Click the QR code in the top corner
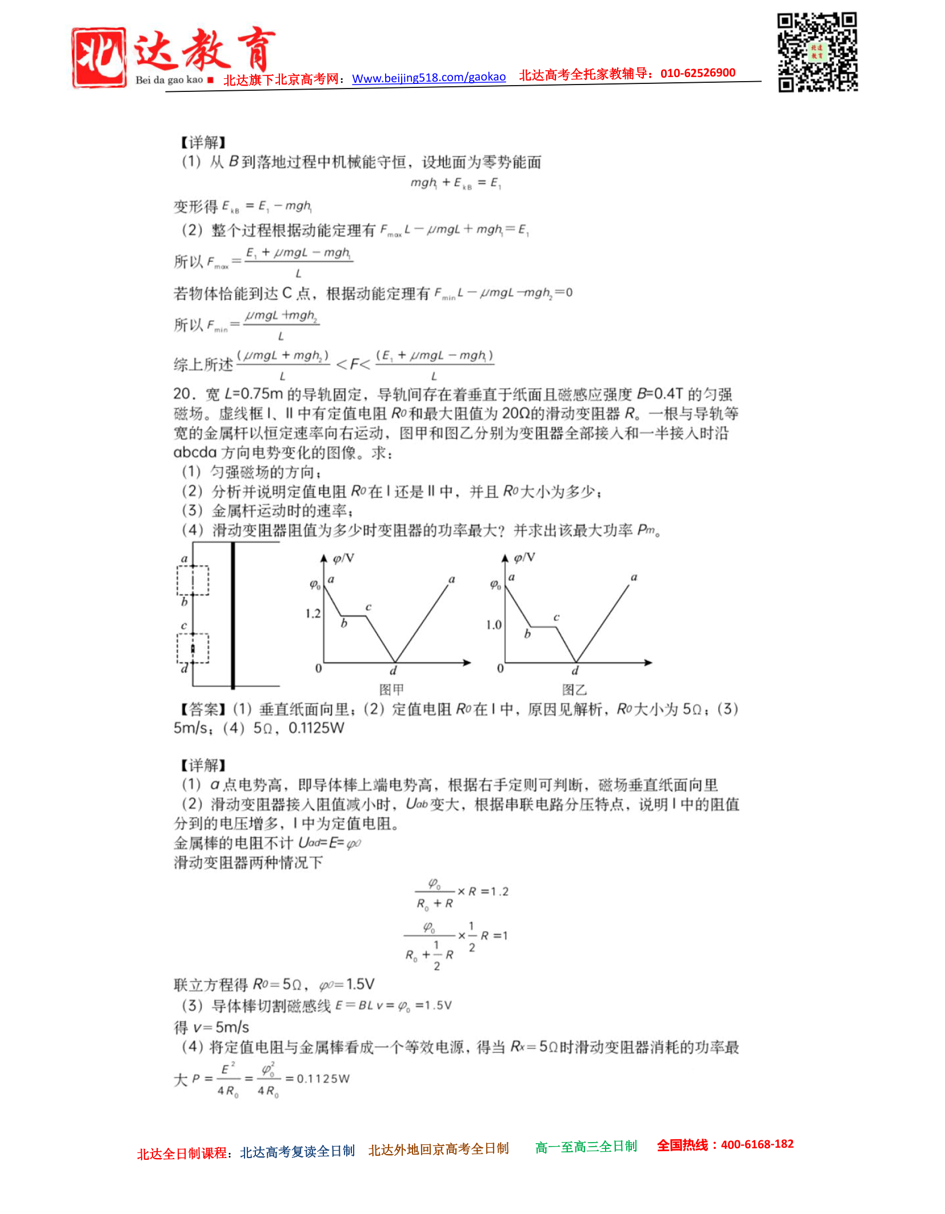pyautogui.click(x=817, y=52)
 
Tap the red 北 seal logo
pyautogui.click(x=99, y=58)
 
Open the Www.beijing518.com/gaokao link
pyautogui.click(x=429, y=77)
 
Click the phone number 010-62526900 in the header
pyautogui.click(x=698, y=73)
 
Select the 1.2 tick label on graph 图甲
pyautogui.click(x=313, y=614)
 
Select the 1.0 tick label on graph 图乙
pyautogui.click(x=494, y=625)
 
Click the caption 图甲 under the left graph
pyautogui.click(x=391, y=689)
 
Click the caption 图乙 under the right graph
pyautogui.click(x=574, y=689)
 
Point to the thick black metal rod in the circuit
pyautogui.click(x=233, y=616)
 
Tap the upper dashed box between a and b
pyautogui.click(x=193, y=580)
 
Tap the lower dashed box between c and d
pyautogui.click(x=193, y=649)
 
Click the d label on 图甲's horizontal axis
pyautogui.click(x=393, y=670)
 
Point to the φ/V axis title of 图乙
pyautogui.click(x=524, y=557)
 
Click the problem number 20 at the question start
pyautogui.click(x=182, y=394)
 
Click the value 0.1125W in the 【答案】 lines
pyautogui.click(x=316, y=728)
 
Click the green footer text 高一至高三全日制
pyautogui.click(x=586, y=1147)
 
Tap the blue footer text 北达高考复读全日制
pyautogui.click(x=297, y=1152)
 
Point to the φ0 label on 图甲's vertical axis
pyautogui.click(x=315, y=584)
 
